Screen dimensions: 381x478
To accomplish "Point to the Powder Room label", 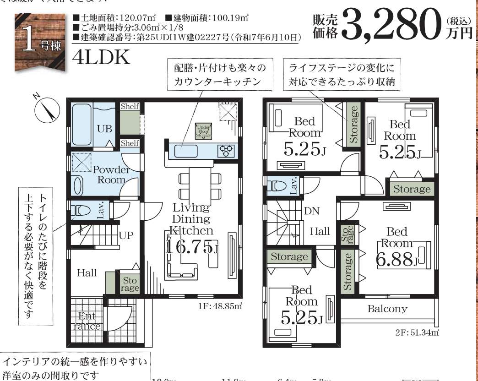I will [111, 174].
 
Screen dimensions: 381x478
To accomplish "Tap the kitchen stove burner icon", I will [226, 150].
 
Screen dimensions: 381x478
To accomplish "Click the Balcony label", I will [387, 309].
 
